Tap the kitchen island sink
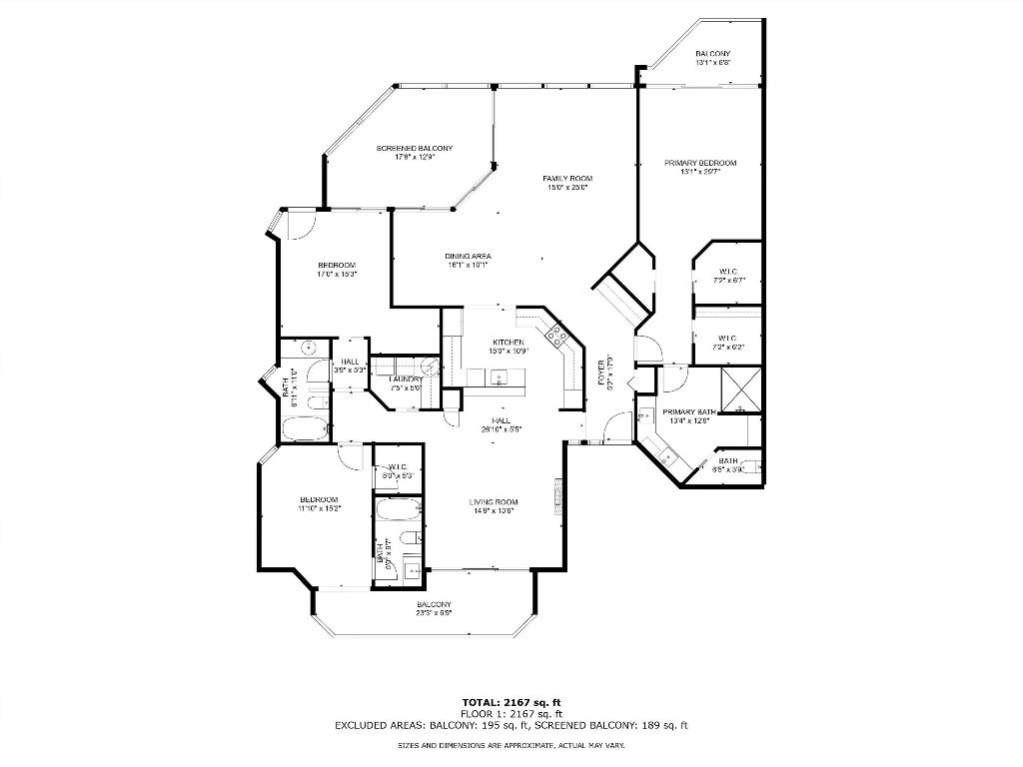click(501, 378)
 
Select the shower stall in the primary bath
click(741, 390)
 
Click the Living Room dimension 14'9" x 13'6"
click(494, 510)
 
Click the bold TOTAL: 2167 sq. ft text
click(511, 701)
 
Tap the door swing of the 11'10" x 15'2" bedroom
click(351, 455)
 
